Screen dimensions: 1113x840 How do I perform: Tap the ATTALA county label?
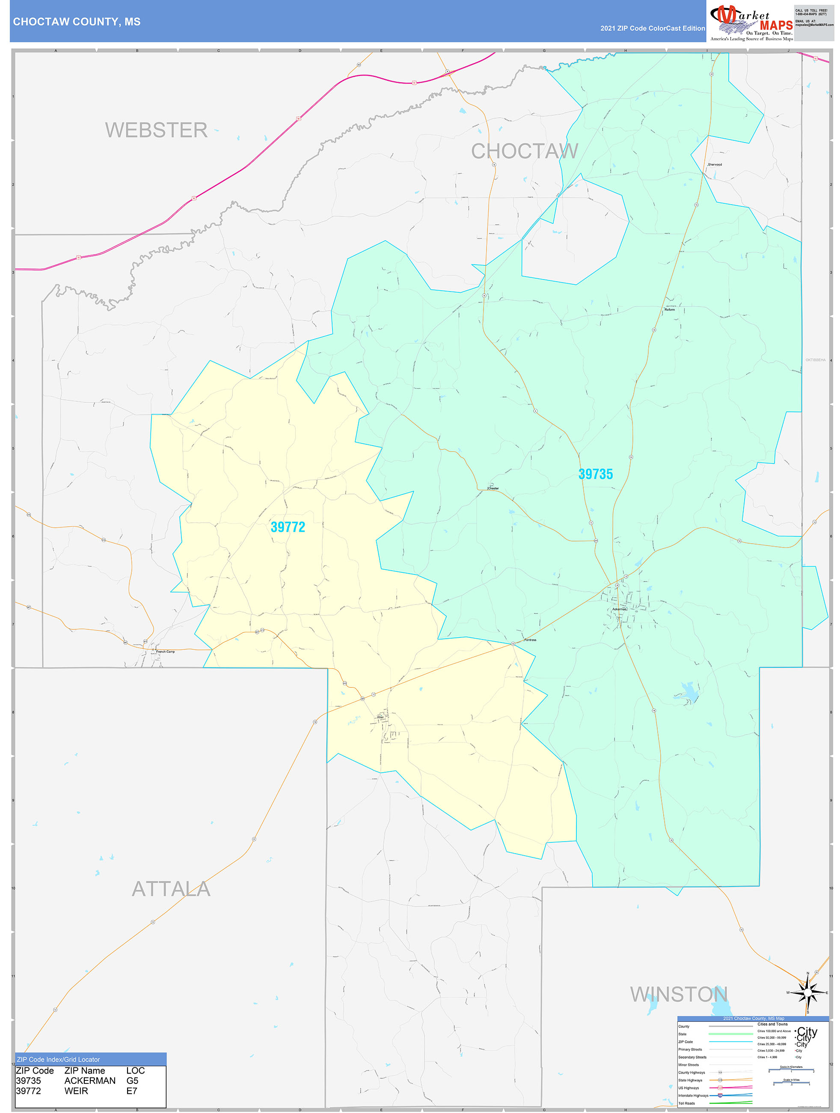tap(171, 889)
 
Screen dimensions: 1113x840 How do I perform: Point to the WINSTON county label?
tap(679, 994)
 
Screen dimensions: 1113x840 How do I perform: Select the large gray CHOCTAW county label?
tap(525, 151)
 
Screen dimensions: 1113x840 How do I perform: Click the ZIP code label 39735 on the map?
tap(596, 474)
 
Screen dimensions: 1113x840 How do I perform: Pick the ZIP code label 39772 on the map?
tap(288, 527)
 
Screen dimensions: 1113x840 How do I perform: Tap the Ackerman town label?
tap(619, 609)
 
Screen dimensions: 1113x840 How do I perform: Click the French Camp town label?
tap(165, 652)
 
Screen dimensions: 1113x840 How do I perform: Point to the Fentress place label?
tap(530, 640)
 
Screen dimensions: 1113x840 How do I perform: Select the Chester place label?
tap(493, 488)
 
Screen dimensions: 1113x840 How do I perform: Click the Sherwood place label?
tap(715, 164)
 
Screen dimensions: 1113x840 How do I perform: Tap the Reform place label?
tap(670, 309)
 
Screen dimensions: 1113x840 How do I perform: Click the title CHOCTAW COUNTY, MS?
tap(77, 22)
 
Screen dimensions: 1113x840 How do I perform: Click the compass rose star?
tap(807, 993)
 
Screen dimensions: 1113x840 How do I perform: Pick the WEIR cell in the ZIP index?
tap(76, 1091)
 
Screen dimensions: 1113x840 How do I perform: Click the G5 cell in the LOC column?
tap(132, 1081)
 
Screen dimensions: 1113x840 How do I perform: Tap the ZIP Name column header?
tap(84, 1071)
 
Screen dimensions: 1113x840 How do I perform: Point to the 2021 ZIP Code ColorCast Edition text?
tap(653, 28)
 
